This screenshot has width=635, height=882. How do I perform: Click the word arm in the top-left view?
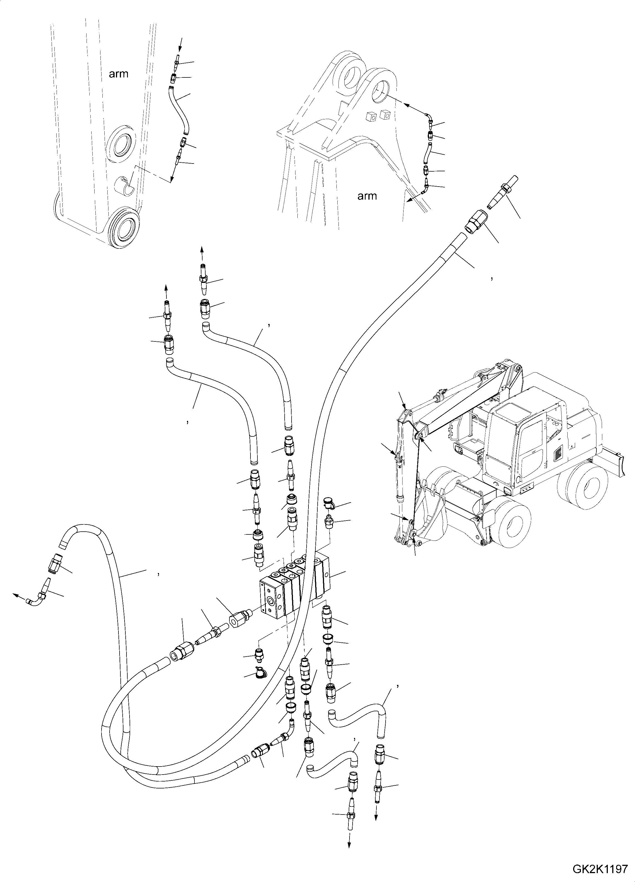pyautogui.click(x=118, y=74)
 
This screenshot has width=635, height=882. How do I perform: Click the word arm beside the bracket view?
pyautogui.click(x=367, y=196)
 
